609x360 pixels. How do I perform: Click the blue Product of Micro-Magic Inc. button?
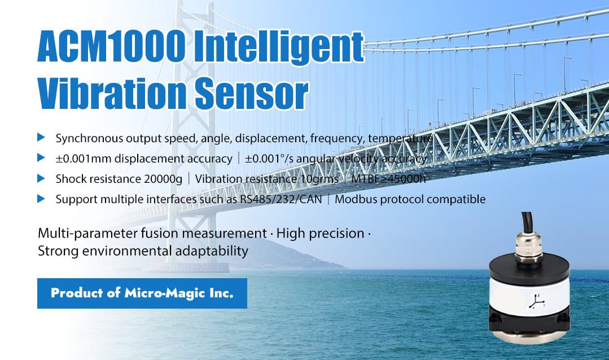[142, 293]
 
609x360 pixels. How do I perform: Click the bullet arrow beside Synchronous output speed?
[41, 138]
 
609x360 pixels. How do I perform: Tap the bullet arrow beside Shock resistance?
[41, 179]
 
